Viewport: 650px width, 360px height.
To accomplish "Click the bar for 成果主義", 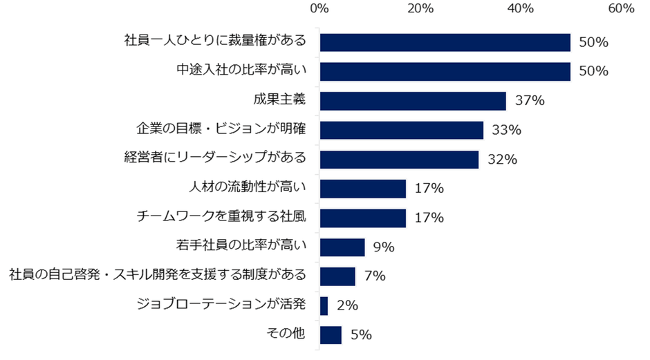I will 413,101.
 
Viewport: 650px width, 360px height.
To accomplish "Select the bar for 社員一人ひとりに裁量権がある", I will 445,42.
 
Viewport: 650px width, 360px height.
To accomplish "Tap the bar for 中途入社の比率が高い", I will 445,71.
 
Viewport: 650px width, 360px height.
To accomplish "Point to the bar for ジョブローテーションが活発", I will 324,305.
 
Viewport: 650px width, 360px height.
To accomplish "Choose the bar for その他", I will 331,335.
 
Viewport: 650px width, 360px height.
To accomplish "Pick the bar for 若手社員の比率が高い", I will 342,247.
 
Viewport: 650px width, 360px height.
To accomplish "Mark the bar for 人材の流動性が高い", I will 362,189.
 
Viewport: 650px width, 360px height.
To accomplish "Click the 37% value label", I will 530,101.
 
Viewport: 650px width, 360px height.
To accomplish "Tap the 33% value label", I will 508,130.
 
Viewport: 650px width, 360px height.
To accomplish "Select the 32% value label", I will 503,160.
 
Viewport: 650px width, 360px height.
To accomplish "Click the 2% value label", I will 347,305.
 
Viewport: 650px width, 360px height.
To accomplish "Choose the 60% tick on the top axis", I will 621,9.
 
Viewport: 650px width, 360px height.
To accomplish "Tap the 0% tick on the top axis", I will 319,9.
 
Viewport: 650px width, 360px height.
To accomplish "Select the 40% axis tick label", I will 521,9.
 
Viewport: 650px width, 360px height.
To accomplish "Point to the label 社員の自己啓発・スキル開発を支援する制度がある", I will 157,276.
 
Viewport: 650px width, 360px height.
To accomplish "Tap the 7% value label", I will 374,276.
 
